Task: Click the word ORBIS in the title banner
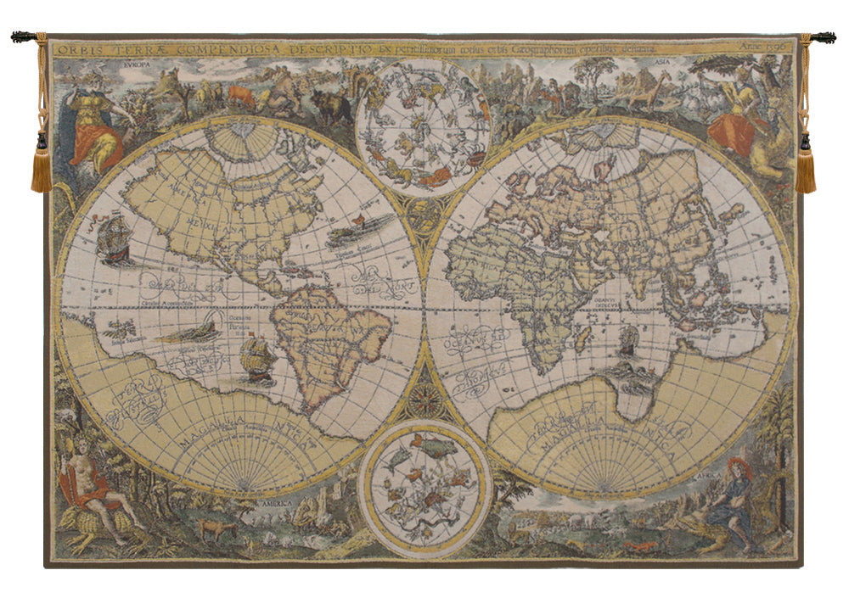point(75,48)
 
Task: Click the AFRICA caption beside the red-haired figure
point(709,477)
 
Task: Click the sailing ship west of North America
point(115,241)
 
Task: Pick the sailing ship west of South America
point(257,357)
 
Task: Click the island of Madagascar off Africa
point(581,341)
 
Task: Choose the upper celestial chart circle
point(424,127)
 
